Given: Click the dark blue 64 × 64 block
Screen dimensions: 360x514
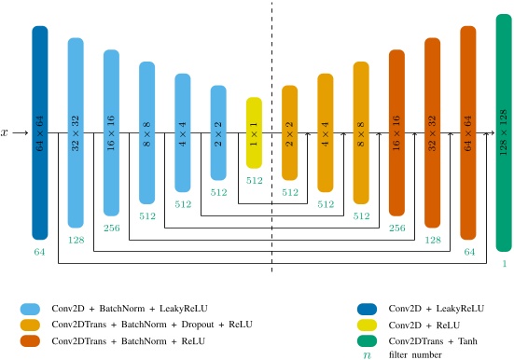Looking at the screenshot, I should (39, 132).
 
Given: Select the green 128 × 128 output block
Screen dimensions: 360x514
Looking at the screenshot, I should (504, 132).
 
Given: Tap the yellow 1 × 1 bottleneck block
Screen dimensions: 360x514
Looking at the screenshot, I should (255, 132).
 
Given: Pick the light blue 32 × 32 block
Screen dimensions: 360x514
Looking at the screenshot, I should (76, 132).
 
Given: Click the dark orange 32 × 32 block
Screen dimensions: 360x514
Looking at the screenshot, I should (432, 132).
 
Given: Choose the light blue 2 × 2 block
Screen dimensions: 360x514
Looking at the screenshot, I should (218, 132).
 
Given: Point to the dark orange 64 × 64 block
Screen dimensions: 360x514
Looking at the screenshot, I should (468, 132).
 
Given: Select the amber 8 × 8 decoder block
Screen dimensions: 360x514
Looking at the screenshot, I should (361, 132).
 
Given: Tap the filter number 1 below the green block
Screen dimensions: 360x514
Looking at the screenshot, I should (504, 264).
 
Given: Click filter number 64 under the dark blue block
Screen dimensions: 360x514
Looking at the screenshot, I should (39, 252).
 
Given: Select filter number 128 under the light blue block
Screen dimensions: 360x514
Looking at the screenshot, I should (76, 240).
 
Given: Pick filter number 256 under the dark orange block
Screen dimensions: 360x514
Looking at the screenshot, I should (396, 228).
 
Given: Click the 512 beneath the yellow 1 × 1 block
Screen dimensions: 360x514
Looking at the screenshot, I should (255, 180).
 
